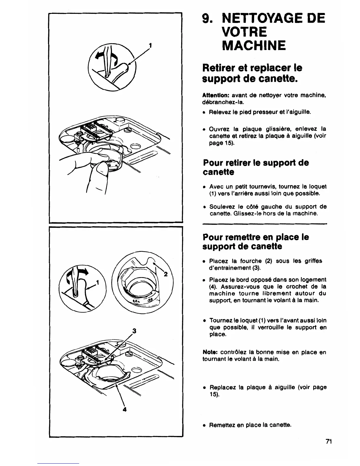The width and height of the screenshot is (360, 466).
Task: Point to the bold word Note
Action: (209, 352)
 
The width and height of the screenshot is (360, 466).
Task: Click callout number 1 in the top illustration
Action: (150, 46)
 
